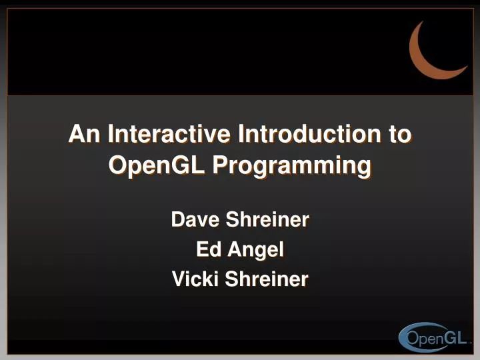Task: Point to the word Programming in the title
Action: click(x=291, y=165)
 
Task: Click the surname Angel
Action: click(x=256, y=250)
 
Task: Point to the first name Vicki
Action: click(x=195, y=279)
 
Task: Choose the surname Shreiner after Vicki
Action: click(x=267, y=279)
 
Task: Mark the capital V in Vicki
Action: click(x=178, y=279)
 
